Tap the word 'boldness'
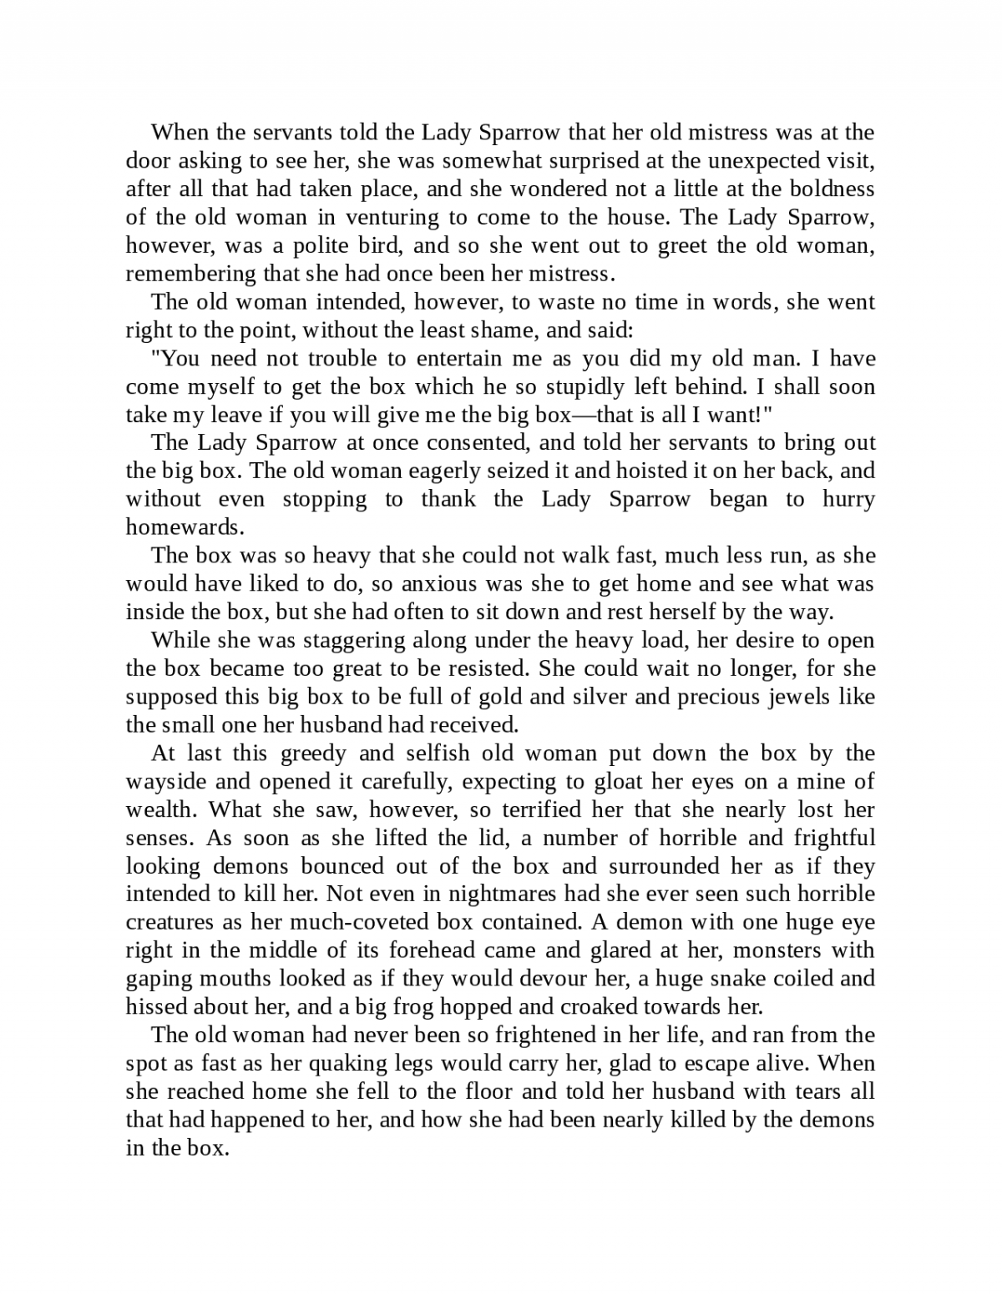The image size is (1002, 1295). tap(830, 189)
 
